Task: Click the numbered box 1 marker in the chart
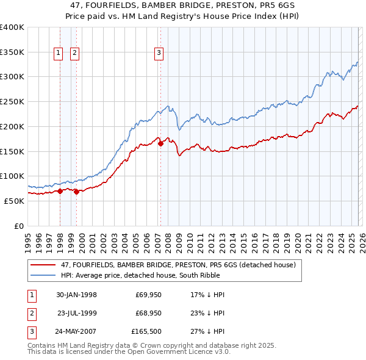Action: point(59,53)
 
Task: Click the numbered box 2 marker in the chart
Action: point(74,53)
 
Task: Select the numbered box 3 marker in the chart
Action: point(159,53)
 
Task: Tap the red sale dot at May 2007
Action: point(160,144)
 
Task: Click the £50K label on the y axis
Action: point(14,201)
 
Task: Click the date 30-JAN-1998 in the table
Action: point(76,295)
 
